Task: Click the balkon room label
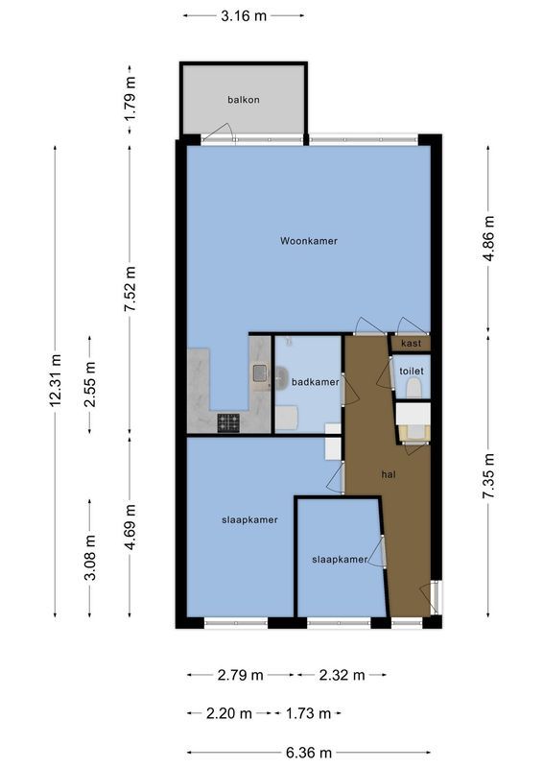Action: [244, 99]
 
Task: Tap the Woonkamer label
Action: [308, 240]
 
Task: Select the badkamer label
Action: [316, 382]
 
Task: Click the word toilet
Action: [412, 370]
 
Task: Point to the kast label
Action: [412, 344]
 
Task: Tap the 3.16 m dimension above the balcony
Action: [244, 15]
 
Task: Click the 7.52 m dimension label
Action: [131, 285]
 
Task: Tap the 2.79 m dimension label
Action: [240, 675]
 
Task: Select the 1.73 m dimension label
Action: [309, 713]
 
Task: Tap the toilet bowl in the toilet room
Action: [413, 387]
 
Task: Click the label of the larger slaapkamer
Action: [244, 519]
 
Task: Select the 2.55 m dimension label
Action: [90, 384]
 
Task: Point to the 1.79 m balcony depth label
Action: [131, 97]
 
